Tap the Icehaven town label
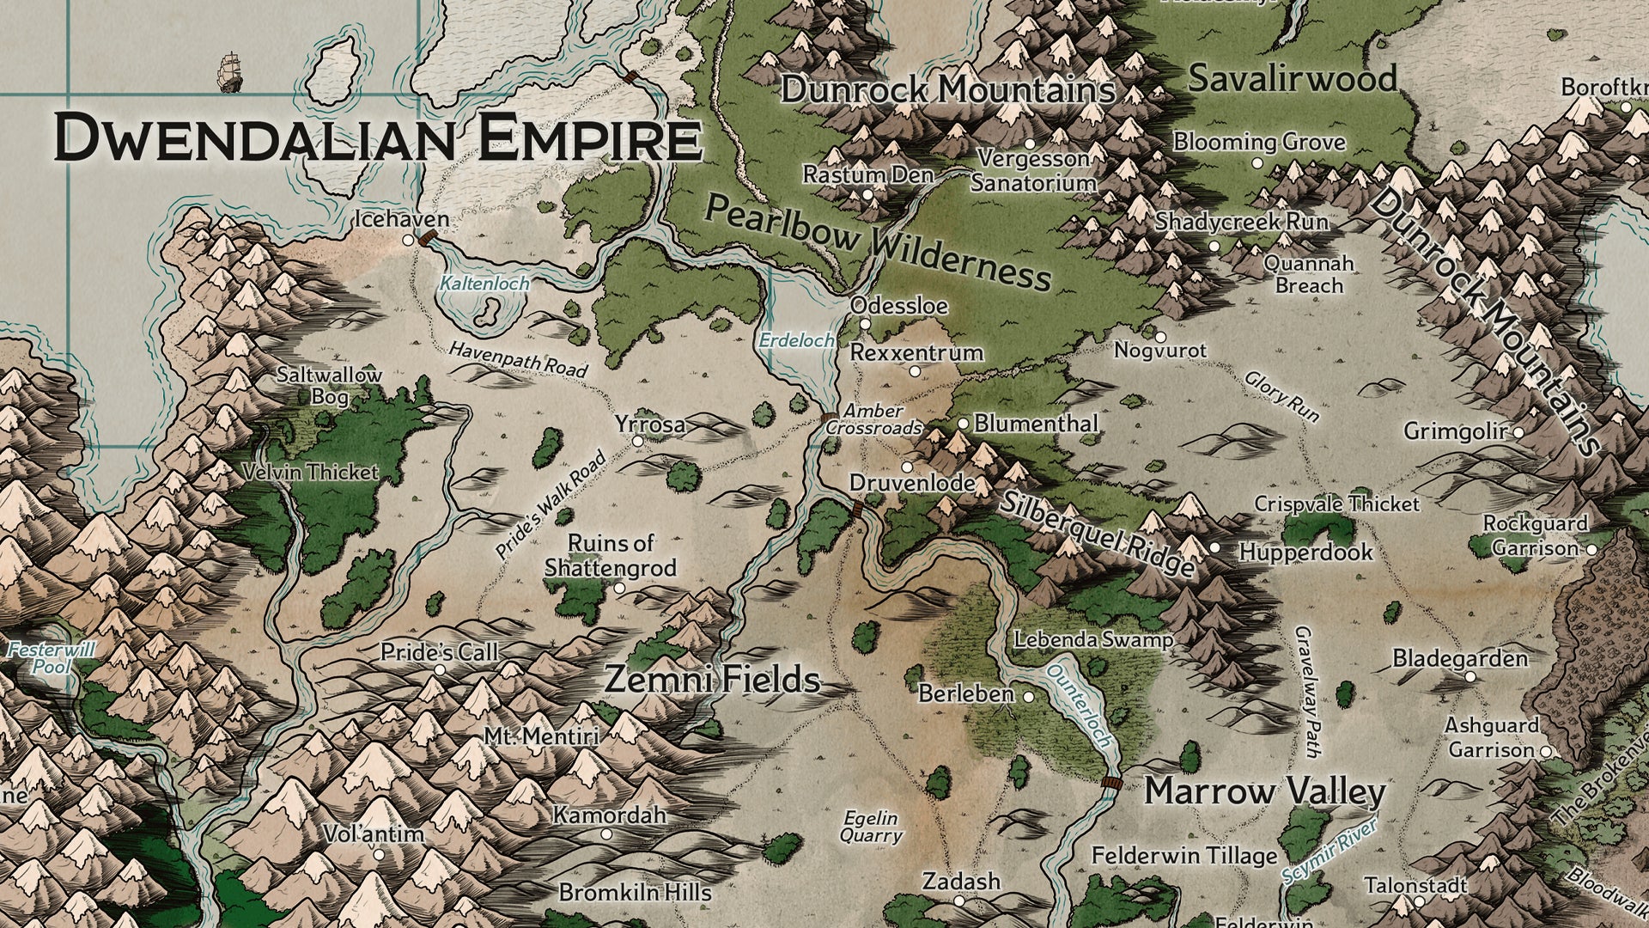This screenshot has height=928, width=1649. [402, 220]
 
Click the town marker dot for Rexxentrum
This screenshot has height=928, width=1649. [915, 371]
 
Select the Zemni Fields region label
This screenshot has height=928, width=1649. [712, 681]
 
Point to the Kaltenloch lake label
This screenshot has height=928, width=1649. [484, 283]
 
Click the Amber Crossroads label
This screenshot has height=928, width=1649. [877, 420]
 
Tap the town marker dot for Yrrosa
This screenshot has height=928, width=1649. [637, 441]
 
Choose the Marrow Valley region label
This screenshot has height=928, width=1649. [1264, 792]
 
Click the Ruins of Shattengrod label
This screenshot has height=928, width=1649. [611, 555]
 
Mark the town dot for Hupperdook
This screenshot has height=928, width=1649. [1214, 547]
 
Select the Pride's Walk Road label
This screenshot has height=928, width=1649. [551, 506]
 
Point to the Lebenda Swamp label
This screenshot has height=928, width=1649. [1092, 640]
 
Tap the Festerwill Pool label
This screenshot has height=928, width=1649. [51, 658]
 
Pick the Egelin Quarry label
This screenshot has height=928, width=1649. [871, 827]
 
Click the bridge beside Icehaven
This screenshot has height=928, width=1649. [428, 238]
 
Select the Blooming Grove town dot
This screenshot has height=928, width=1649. [1257, 162]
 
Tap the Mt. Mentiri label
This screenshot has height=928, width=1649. [541, 736]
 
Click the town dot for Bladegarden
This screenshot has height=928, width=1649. [1469, 677]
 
